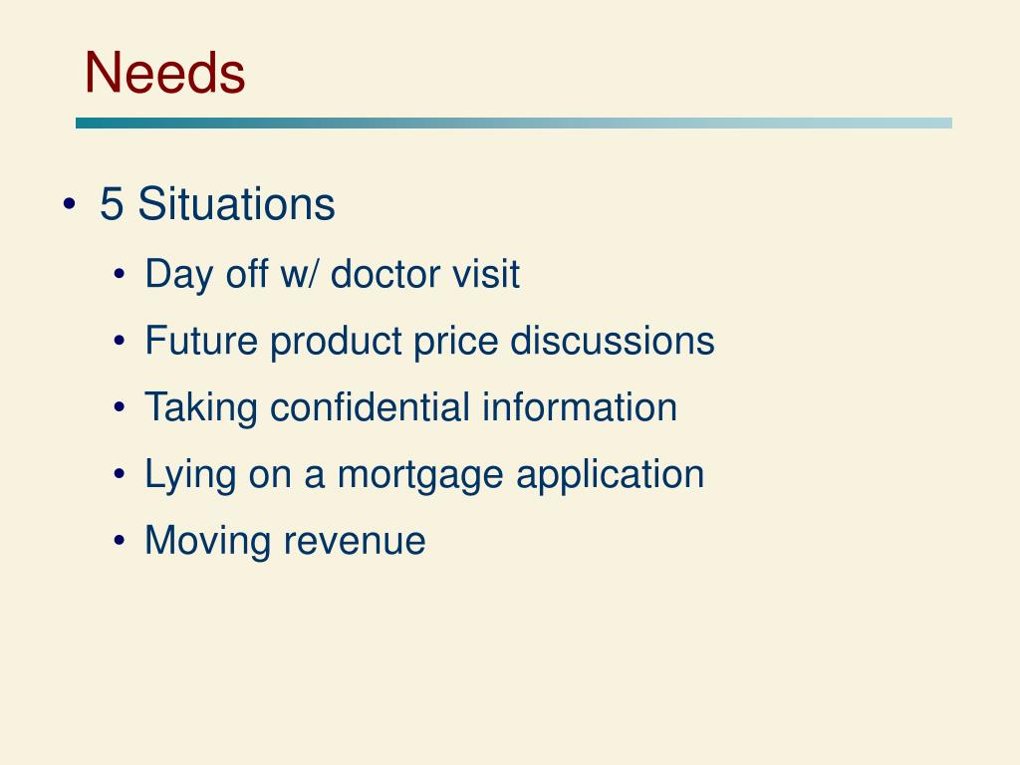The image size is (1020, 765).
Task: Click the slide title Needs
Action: coord(164,73)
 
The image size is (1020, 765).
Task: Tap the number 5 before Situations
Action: coord(112,204)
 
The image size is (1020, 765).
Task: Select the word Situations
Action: coord(236,204)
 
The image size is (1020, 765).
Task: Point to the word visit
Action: coord(486,274)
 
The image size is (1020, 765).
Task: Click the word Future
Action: coord(201,341)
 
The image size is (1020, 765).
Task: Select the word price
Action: coord(456,341)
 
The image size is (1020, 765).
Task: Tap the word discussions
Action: coord(612,341)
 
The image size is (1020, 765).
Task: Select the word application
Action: coord(610,474)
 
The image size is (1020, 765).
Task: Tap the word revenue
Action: coord(355,541)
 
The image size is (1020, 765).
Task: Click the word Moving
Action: coord(208,541)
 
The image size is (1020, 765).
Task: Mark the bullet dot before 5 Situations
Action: coord(69,205)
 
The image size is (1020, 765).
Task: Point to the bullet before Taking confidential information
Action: coord(120,408)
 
